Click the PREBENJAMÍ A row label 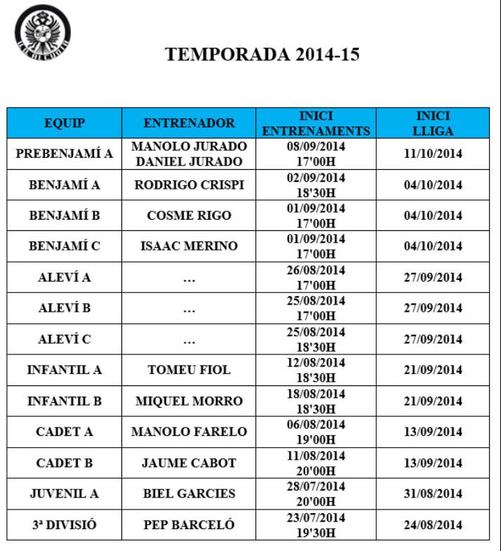click(64, 154)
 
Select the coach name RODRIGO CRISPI click(189, 185)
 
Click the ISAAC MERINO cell click(189, 247)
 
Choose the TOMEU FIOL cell click(189, 370)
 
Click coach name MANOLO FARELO click(189, 432)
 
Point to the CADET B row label click(64, 463)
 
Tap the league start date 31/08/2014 click(432, 493)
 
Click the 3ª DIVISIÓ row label click(64, 524)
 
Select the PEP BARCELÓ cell click(189, 524)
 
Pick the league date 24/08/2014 click(432, 524)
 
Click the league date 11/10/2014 click(432, 154)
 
